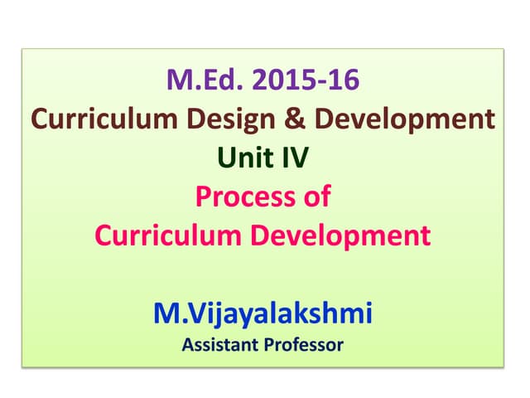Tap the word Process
240,197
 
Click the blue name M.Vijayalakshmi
263,314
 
